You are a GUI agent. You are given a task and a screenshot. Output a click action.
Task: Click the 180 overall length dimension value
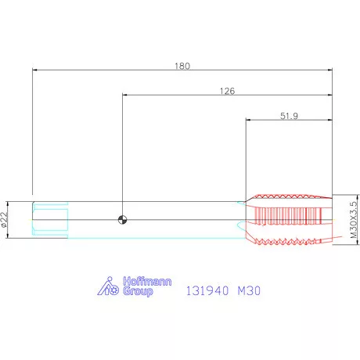point(182,66)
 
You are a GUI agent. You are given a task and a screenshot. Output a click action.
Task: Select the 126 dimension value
point(227,91)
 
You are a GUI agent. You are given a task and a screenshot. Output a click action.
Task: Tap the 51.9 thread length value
point(289,116)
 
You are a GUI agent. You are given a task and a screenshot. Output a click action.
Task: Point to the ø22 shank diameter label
point(4,220)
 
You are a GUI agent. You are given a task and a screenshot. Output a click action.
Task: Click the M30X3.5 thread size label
point(353,220)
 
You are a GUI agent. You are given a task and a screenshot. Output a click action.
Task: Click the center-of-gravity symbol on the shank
point(122,220)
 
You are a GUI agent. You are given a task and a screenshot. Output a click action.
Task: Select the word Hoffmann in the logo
point(147,282)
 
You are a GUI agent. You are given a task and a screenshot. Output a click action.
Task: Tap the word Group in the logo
point(138,291)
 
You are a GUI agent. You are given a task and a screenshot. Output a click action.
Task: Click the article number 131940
point(207,290)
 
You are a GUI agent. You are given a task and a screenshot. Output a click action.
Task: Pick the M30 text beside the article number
point(249,290)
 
